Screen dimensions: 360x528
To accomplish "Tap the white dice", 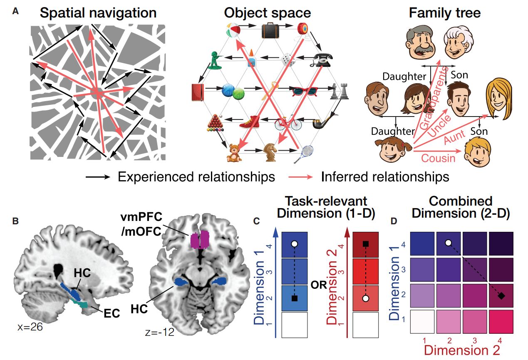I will point(288,60).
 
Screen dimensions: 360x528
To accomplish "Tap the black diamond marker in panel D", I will point(501,296).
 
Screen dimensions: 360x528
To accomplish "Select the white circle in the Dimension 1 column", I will point(294,243).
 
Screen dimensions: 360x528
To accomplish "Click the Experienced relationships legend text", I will point(196,177).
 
